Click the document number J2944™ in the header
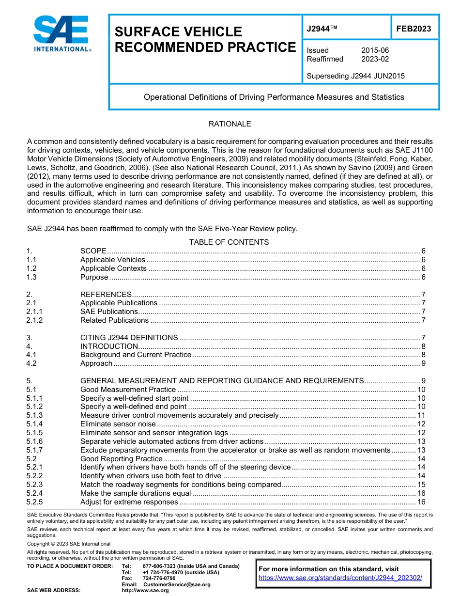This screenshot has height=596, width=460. click(x=322, y=29)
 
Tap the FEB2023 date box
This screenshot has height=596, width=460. click(x=414, y=29)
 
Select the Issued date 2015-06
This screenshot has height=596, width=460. click(x=375, y=50)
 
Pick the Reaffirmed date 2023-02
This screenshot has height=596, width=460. click(x=375, y=59)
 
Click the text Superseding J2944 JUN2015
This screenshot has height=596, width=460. click(x=355, y=76)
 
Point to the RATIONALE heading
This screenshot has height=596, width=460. click(x=230, y=124)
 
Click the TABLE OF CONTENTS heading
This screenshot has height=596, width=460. click(x=229, y=242)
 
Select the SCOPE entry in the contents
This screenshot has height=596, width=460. click(x=93, y=251)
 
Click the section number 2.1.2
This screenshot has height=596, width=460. click(x=35, y=320)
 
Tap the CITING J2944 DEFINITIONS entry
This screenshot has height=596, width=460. click(x=129, y=338)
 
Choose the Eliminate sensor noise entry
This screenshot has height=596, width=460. click(x=118, y=424)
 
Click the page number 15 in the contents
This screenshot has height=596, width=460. click(x=421, y=485)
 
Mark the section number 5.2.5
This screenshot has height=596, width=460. click(x=35, y=502)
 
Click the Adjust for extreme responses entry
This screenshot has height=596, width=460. click(x=129, y=502)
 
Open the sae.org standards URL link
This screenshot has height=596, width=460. click(x=340, y=578)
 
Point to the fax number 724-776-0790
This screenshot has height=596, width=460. click(x=159, y=579)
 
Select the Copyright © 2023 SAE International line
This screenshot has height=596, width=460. click(x=69, y=544)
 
